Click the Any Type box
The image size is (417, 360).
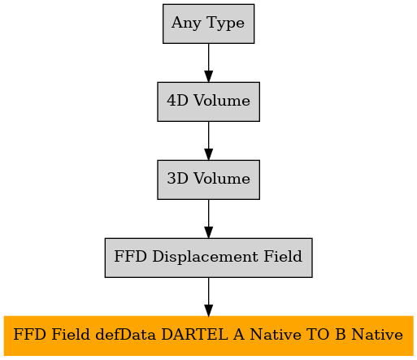point(208,24)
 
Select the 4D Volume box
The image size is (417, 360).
point(208,102)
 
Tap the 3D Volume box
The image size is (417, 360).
point(208,180)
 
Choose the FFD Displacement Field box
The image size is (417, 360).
point(208,258)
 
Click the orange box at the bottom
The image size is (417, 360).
point(208,336)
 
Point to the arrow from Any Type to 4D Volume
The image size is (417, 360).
point(208,63)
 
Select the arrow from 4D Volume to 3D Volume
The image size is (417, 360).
point(208,141)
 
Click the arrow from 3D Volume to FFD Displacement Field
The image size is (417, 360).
point(208,219)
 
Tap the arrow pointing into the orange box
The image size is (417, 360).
point(208,297)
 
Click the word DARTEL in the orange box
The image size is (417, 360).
point(194,335)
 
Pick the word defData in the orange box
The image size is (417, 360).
point(125,335)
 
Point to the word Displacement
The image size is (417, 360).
point(205,257)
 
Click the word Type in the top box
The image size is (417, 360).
point(225,24)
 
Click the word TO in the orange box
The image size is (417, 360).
point(318,335)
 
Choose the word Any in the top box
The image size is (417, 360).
point(186,24)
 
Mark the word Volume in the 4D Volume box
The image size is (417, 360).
point(222,101)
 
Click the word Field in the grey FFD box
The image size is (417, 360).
point(283,256)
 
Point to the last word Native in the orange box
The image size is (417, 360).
point(377,335)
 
